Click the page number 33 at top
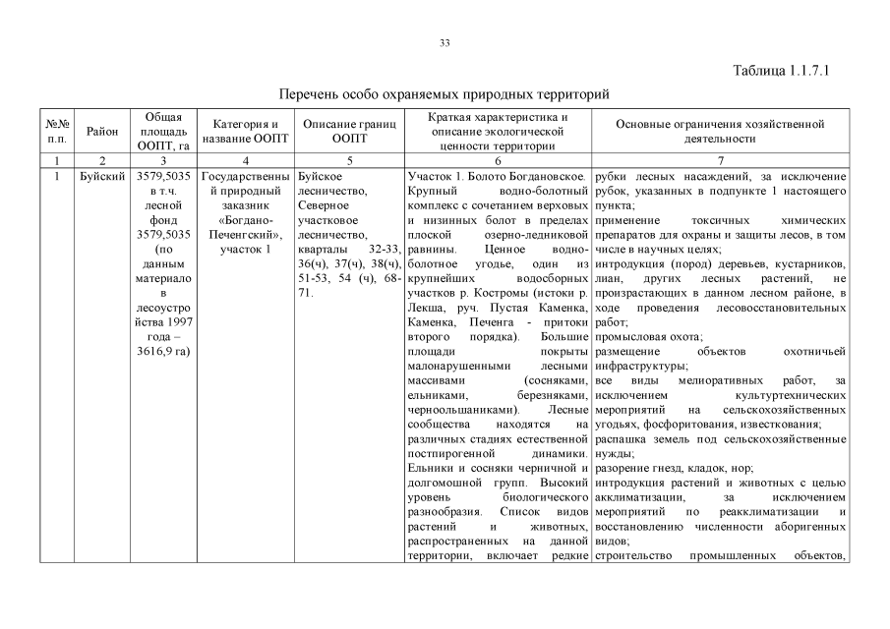tap(445, 43)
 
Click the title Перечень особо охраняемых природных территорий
tap(445, 94)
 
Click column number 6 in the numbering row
tap(498, 160)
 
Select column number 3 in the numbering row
tap(163, 160)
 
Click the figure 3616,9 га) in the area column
tap(163, 351)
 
